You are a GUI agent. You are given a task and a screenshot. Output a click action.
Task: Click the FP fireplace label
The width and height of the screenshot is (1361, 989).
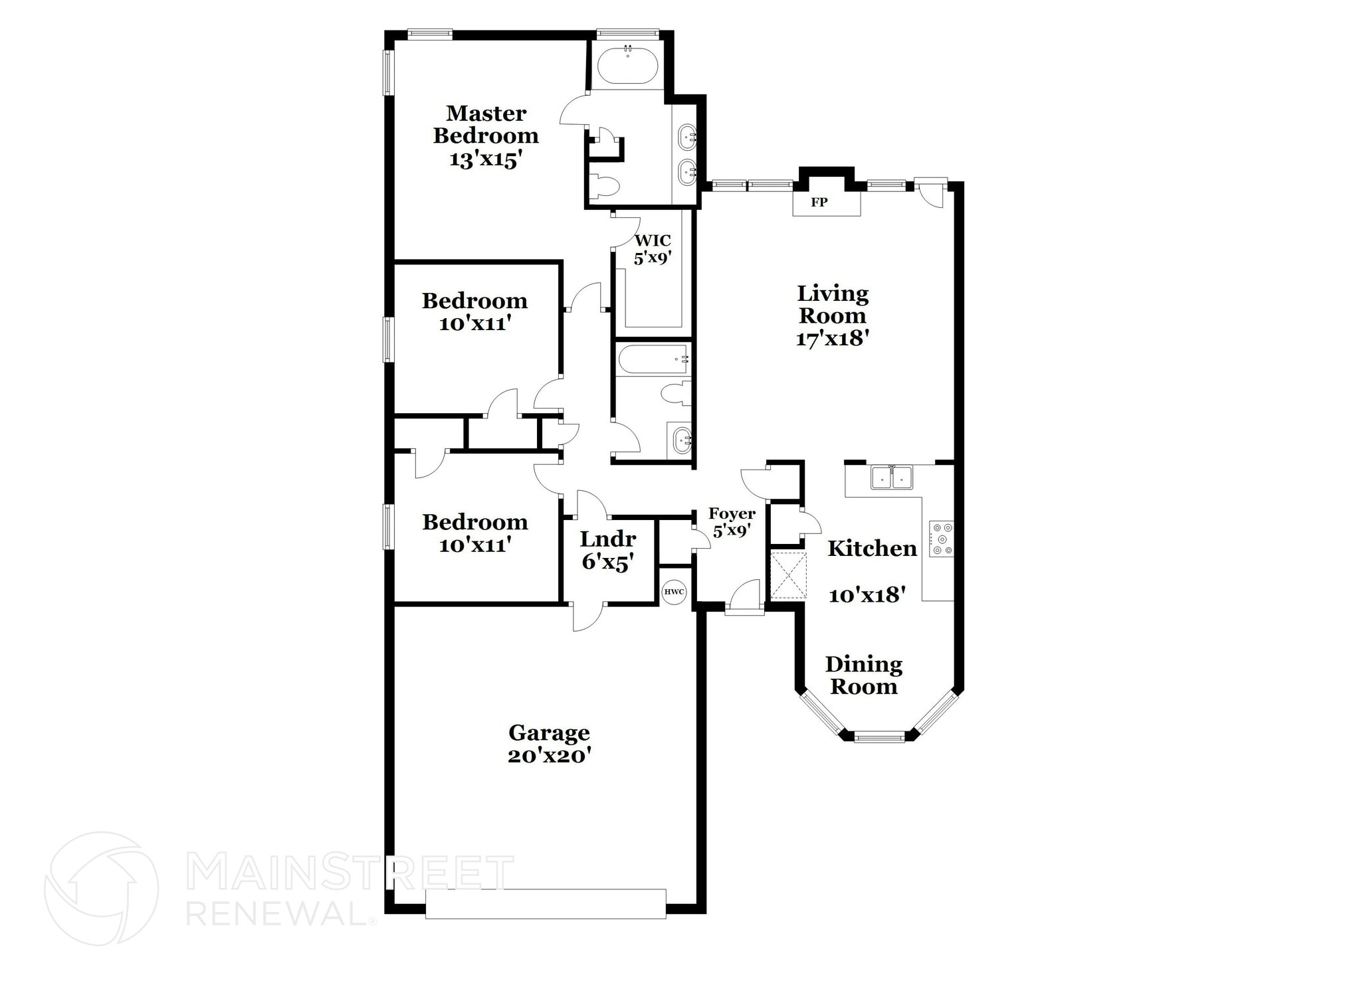pyautogui.click(x=819, y=203)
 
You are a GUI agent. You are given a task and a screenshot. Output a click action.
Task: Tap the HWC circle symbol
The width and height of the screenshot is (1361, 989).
pyautogui.click(x=674, y=592)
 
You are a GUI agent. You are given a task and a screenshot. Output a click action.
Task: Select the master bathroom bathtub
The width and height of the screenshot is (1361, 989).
pyautogui.click(x=627, y=68)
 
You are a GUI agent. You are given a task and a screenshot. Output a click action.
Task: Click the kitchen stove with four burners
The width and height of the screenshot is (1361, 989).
pyautogui.click(x=941, y=538)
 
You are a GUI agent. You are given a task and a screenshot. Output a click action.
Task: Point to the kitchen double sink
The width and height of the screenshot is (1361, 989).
pyautogui.click(x=892, y=477)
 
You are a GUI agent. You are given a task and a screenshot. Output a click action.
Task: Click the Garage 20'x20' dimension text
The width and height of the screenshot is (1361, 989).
pyautogui.click(x=550, y=756)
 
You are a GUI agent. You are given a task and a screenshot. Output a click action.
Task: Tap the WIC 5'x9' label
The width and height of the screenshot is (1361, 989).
pyautogui.click(x=653, y=249)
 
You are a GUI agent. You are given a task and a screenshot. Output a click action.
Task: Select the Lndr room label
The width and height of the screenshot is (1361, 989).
pyautogui.click(x=607, y=539)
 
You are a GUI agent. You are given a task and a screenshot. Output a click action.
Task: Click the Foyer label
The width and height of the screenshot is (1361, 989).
pyautogui.click(x=732, y=513)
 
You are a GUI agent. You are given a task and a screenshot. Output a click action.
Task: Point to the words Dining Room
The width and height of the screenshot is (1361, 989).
pyautogui.click(x=864, y=675)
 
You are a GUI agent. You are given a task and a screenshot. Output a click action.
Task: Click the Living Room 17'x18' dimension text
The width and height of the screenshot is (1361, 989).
pyautogui.click(x=833, y=338)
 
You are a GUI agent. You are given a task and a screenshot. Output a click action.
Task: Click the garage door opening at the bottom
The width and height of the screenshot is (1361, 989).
pyautogui.click(x=546, y=903)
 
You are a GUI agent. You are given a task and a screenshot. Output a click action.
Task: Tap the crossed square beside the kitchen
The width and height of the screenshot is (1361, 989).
pyautogui.click(x=788, y=575)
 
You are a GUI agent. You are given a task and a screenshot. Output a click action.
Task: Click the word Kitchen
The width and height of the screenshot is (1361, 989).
pyautogui.click(x=872, y=549)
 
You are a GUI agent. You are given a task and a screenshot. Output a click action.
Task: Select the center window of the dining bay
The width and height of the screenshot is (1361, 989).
pyautogui.click(x=879, y=736)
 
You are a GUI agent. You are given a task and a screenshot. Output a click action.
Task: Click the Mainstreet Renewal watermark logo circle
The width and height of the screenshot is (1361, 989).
pyautogui.click(x=101, y=888)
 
